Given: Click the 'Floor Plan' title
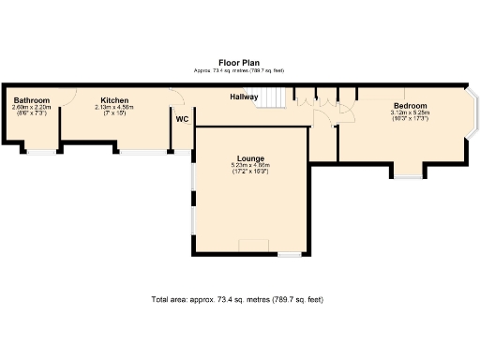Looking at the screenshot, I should [239, 63].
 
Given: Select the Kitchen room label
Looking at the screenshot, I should [114, 100].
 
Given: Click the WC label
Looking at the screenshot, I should [182, 119].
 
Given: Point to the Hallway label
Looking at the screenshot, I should [245, 97].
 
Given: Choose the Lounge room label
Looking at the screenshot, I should [250, 158].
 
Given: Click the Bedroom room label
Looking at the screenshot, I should [410, 106].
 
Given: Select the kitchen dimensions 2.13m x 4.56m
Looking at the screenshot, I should [114, 107].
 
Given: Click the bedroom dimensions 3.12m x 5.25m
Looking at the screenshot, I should [410, 112].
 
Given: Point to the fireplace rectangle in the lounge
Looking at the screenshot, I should [253, 247].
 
